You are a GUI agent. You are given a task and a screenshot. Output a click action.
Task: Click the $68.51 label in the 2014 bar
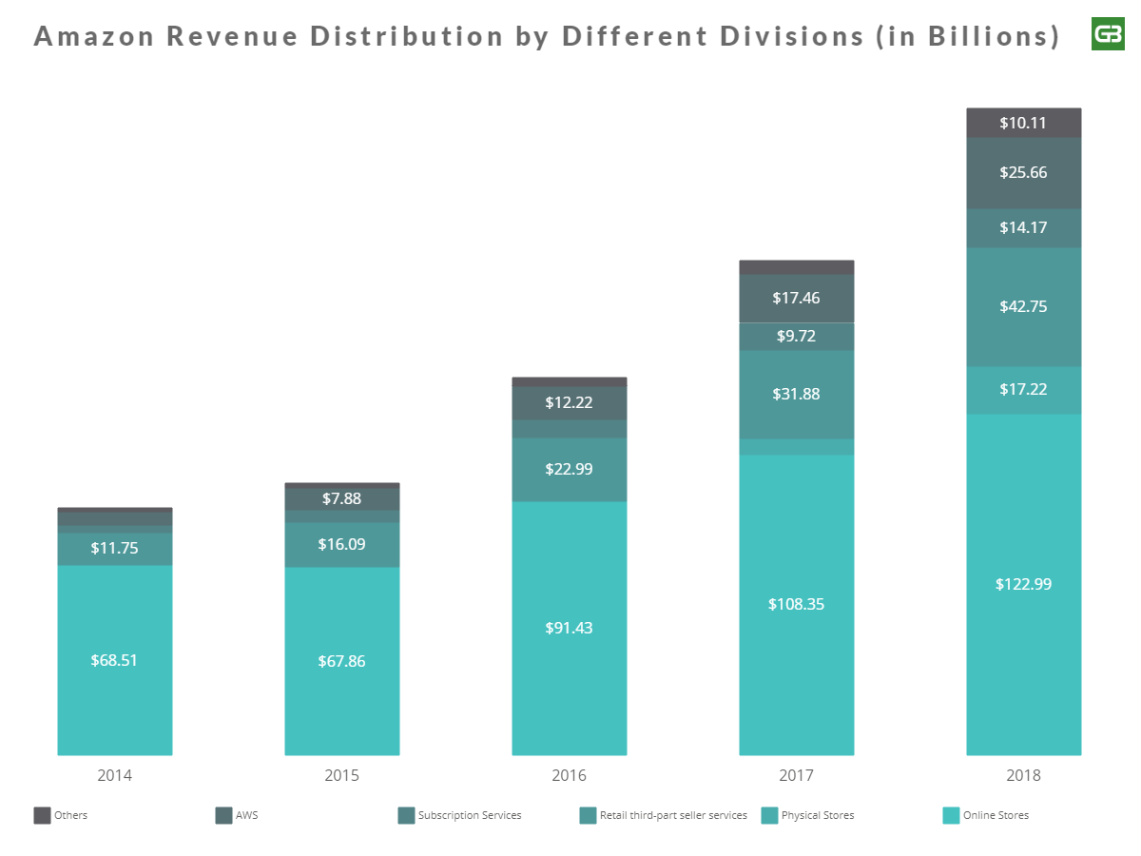[x=114, y=660]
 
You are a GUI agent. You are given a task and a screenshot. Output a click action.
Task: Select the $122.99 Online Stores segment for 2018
[x=1024, y=584]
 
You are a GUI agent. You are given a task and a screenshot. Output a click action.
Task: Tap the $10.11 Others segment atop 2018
[x=1024, y=123]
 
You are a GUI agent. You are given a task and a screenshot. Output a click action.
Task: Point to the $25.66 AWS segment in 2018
[x=1024, y=172]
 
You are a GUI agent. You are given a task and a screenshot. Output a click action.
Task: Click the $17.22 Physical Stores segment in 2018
[x=1024, y=389]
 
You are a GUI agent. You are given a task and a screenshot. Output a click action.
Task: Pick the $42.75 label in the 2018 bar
[x=1024, y=306]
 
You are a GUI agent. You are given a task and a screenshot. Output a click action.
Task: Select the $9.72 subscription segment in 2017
[x=796, y=337]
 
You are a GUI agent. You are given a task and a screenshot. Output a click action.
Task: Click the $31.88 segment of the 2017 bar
[x=796, y=394]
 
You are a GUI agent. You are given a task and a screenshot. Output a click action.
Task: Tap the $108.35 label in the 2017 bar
[x=796, y=604]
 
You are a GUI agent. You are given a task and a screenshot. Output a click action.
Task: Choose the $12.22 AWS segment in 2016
[x=569, y=402]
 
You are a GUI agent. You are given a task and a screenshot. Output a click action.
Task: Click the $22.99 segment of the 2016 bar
[x=569, y=468]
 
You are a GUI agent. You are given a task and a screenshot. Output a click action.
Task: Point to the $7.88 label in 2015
[x=341, y=498]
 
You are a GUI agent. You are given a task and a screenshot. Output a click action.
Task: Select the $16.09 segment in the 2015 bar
[x=341, y=544]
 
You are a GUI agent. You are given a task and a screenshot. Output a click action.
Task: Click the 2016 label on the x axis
[x=569, y=775]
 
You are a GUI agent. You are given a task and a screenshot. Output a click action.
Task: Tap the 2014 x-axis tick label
[x=114, y=775]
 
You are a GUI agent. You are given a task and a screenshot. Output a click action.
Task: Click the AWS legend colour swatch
[x=224, y=815]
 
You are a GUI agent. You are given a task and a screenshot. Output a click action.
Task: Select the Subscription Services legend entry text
[x=470, y=815]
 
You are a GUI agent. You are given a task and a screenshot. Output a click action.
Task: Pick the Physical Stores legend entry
[x=818, y=815]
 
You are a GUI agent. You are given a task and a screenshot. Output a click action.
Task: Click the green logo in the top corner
[x=1108, y=34]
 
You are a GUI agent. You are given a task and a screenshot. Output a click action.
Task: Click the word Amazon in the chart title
[x=93, y=36]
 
